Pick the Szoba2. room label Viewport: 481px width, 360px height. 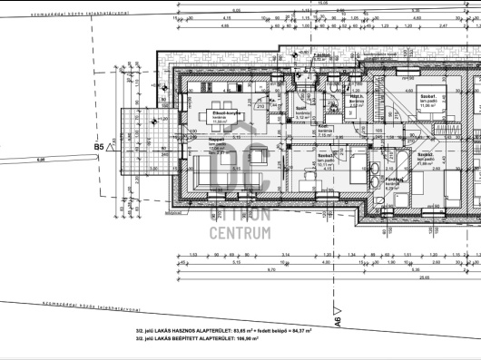pyautogui.click(x=424, y=156)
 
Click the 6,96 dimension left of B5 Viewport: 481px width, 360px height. pyautogui.click(x=39, y=160)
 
